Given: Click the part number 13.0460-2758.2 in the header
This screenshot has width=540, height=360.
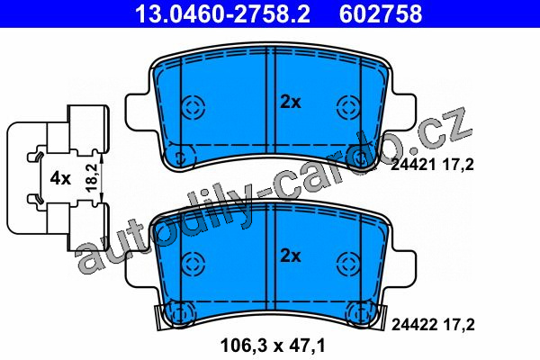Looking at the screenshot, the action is pyautogui.click(x=223, y=13).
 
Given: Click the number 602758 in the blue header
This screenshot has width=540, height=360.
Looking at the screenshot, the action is pyautogui.click(x=381, y=13).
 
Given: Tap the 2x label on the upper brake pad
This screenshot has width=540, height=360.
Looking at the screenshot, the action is pyautogui.click(x=291, y=102).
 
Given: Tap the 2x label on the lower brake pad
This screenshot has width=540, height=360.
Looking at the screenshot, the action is pyautogui.click(x=291, y=256).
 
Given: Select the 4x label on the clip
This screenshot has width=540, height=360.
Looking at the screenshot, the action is pyautogui.click(x=60, y=178).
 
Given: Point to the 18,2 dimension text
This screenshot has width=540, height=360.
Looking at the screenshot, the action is pyautogui.click(x=92, y=178).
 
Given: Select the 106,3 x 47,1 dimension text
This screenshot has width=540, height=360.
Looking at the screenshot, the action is pyautogui.click(x=273, y=346).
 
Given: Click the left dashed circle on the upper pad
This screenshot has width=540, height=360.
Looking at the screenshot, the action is pyautogui.click(x=193, y=106).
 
